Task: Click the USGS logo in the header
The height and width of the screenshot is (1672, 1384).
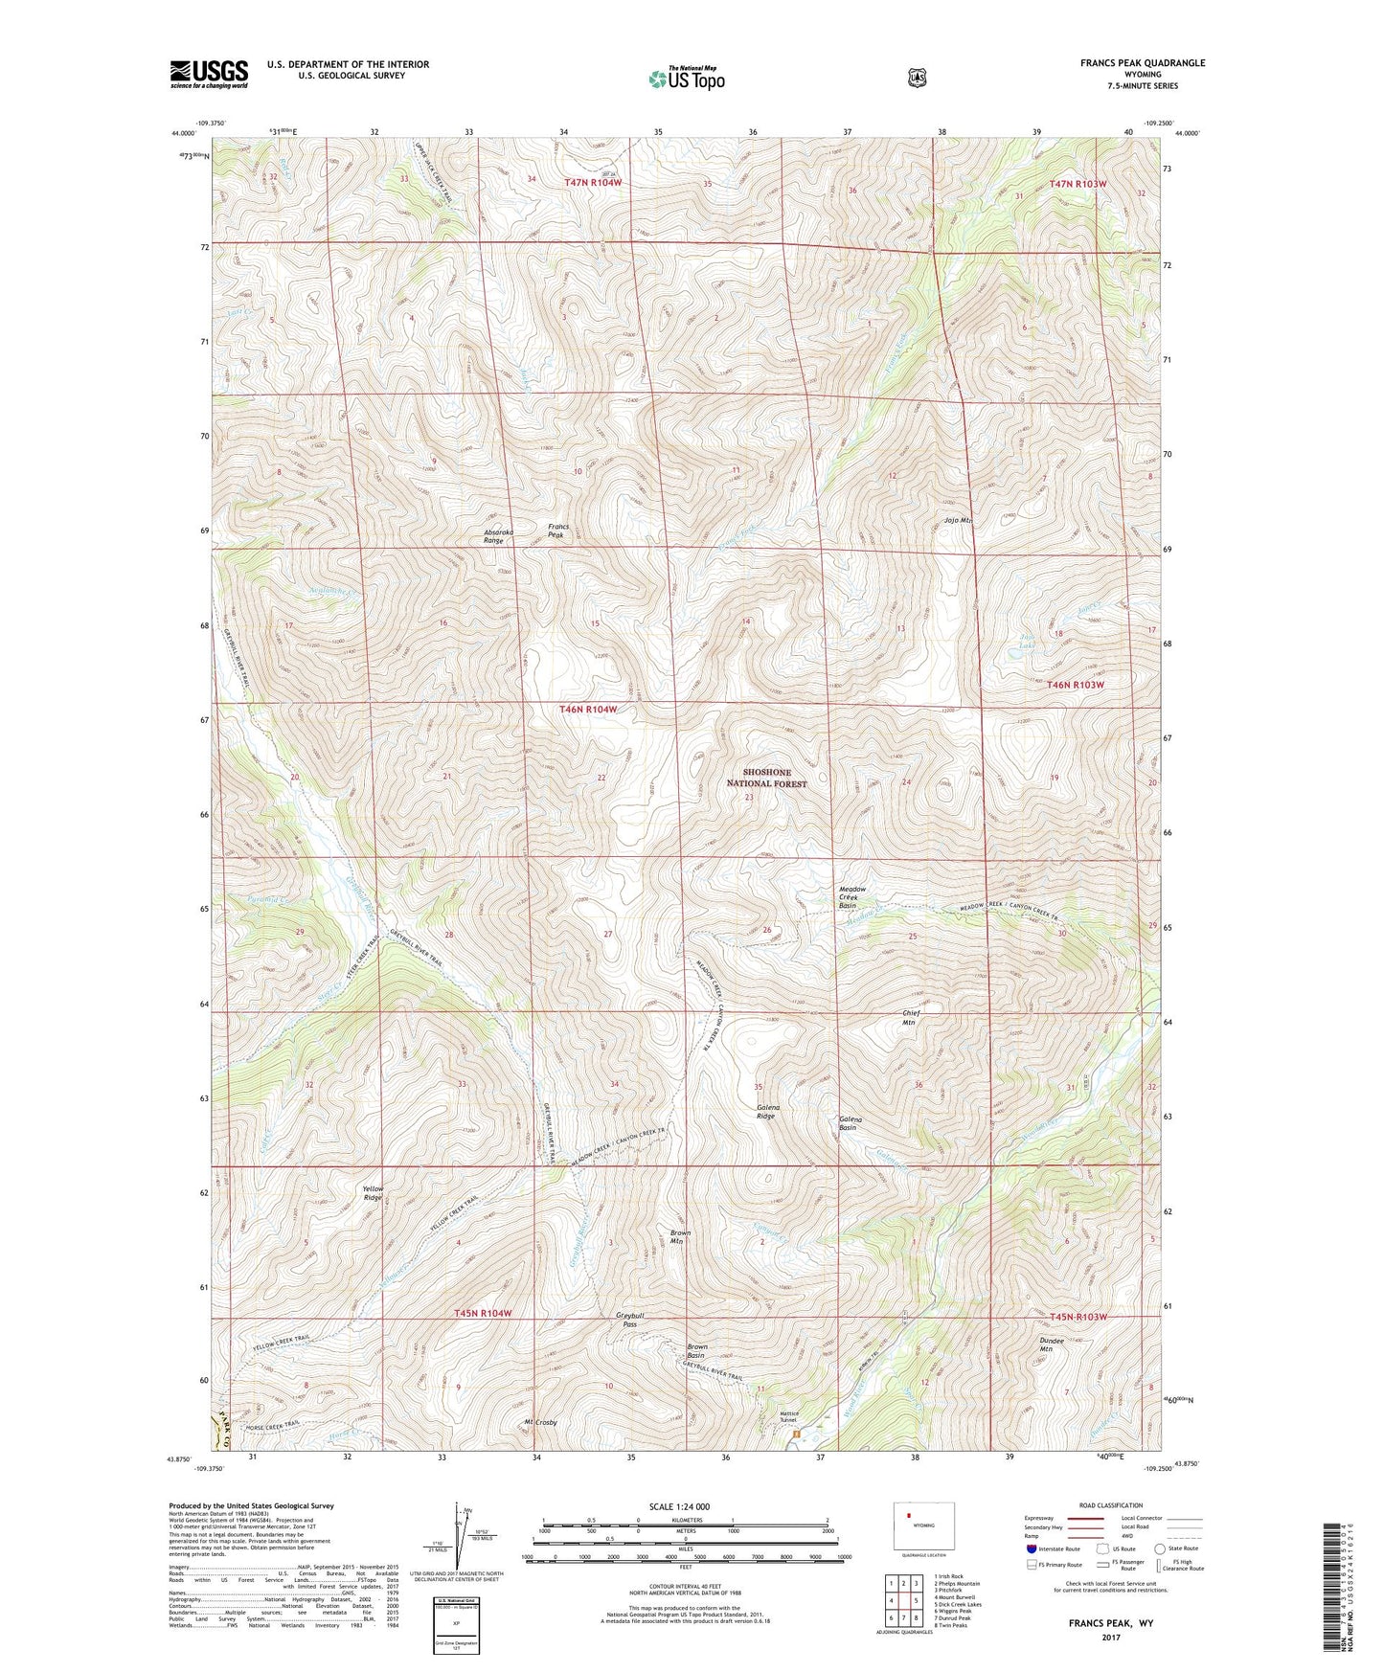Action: pyautogui.click(x=209, y=74)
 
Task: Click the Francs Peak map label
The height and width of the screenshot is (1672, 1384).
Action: pyautogui.click(x=557, y=531)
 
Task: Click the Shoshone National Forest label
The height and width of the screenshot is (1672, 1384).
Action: pyautogui.click(x=766, y=778)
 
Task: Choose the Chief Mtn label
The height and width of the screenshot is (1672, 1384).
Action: pyautogui.click(x=909, y=1017)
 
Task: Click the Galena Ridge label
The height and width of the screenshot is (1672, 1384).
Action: pyautogui.click(x=766, y=1112)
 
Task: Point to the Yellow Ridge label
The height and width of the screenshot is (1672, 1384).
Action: pyautogui.click(x=372, y=1193)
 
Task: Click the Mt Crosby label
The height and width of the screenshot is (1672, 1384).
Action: pyautogui.click(x=540, y=1423)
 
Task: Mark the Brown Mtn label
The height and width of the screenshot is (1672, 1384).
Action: pyautogui.click(x=680, y=1236)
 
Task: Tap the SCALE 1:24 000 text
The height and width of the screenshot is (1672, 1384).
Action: pyautogui.click(x=679, y=1506)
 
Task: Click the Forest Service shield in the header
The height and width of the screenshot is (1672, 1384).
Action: pyautogui.click(x=917, y=77)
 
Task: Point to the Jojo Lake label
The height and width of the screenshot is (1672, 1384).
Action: pyautogui.click(x=1027, y=641)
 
